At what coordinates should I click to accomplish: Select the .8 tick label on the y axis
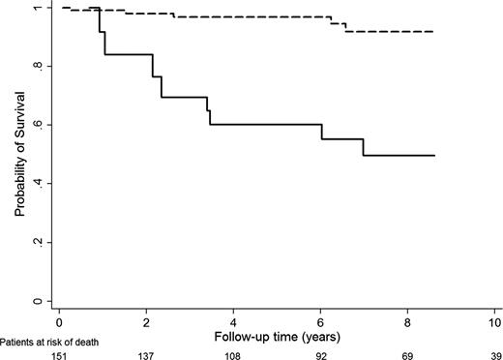(38, 66)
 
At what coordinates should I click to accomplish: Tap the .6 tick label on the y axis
(38, 125)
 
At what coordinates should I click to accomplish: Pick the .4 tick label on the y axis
(38, 184)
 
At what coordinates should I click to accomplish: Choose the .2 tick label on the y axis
(38, 242)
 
